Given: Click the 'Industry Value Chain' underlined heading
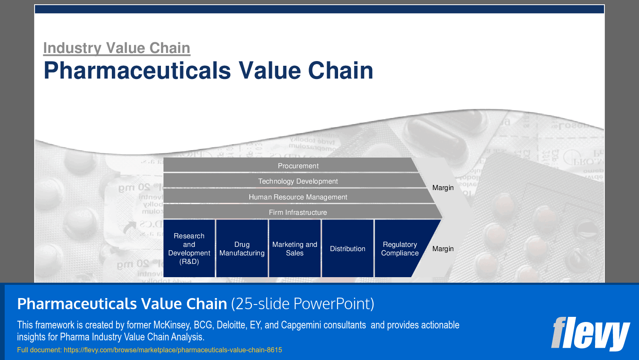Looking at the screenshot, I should click(x=117, y=48).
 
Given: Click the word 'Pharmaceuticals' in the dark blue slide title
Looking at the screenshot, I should click(x=137, y=70).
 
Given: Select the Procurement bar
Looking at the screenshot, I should click(x=298, y=166).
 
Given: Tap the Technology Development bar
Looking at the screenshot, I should click(x=298, y=181).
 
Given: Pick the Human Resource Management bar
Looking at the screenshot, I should click(x=298, y=197).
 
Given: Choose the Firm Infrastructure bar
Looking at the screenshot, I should click(x=298, y=212).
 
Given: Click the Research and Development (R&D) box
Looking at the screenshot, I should click(x=189, y=249).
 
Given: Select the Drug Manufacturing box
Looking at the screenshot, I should click(x=242, y=249).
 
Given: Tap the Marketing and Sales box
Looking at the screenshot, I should click(x=295, y=249).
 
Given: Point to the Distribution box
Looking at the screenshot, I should click(x=347, y=249).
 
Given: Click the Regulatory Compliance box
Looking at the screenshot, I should click(x=400, y=249).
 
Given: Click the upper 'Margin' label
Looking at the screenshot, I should click(x=443, y=187).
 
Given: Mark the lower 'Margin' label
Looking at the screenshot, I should click(x=443, y=249).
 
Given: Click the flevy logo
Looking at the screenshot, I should click(x=590, y=333).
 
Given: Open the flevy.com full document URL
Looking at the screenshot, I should click(x=173, y=350).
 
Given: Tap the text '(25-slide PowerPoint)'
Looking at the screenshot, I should click(x=303, y=304).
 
